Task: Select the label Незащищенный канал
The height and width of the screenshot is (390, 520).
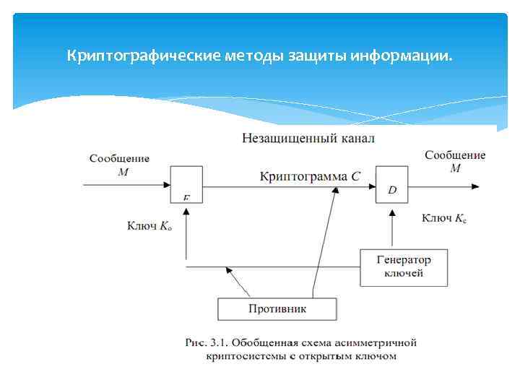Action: [308, 138]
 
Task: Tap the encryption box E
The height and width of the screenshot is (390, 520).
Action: [186, 184]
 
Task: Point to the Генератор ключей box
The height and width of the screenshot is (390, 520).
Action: [404, 266]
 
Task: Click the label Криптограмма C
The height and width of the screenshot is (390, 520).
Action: [309, 175]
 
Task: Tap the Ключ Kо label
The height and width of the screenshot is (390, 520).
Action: [149, 226]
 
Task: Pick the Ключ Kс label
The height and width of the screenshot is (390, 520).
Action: [443, 217]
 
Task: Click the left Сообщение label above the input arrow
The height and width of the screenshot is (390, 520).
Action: [119, 158]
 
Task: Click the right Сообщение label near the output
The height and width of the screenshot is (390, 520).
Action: [455, 155]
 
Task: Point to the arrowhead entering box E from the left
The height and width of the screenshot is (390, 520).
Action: [165, 186]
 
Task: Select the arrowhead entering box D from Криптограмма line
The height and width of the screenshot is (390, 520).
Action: [371, 186]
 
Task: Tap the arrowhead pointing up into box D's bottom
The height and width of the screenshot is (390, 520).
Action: [392, 212]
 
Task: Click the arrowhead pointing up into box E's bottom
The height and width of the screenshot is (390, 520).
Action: [186, 210]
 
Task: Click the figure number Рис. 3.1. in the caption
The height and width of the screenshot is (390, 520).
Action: [206, 342]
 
